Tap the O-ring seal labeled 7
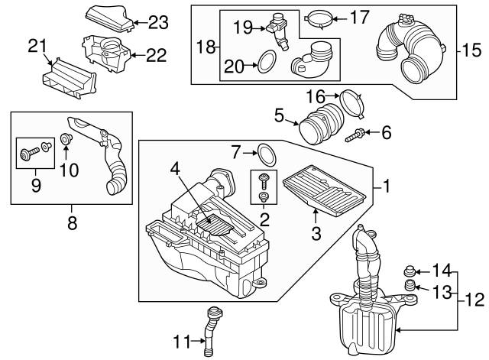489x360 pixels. (266, 156)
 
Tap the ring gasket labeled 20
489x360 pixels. (264, 63)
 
